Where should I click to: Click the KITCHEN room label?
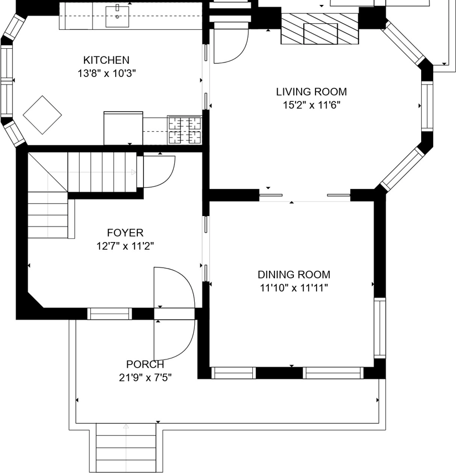pyautogui.click(x=106, y=60)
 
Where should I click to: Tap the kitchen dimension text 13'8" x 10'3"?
pyautogui.click(x=106, y=73)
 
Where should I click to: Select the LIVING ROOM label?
pyautogui.click(x=311, y=92)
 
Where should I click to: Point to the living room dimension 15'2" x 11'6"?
pyautogui.click(x=311, y=105)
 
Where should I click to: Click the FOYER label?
pyautogui.click(x=125, y=233)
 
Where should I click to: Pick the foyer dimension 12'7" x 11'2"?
pyautogui.click(x=125, y=246)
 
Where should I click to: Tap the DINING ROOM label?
pyautogui.click(x=294, y=275)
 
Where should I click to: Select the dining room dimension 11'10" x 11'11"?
pyautogui.click(x=294, y=288)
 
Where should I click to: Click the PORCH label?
pyautogui.click(x=145, y=364)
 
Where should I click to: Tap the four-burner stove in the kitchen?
pyautogui.click(x=184, y=130)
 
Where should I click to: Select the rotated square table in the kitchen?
pyautogui.click(x=42, y=115)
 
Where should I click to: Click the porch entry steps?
pyautogui.click(x=126, y=448)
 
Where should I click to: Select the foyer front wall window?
pyautogui.click(x=110, y=314)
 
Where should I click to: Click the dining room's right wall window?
pyautogui.click(x=380, y=328)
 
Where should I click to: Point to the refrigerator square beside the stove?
pyautogui.click(x=123, y=128)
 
